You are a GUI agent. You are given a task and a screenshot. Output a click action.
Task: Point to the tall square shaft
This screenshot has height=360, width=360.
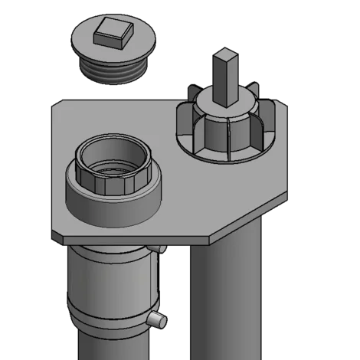[227, 81]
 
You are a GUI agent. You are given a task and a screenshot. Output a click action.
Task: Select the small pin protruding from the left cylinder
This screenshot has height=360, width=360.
[156, 318]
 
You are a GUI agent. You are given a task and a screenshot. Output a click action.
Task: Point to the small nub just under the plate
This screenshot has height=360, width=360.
[159, 247]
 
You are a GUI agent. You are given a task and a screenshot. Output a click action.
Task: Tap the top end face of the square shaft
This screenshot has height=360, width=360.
[227, 54]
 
